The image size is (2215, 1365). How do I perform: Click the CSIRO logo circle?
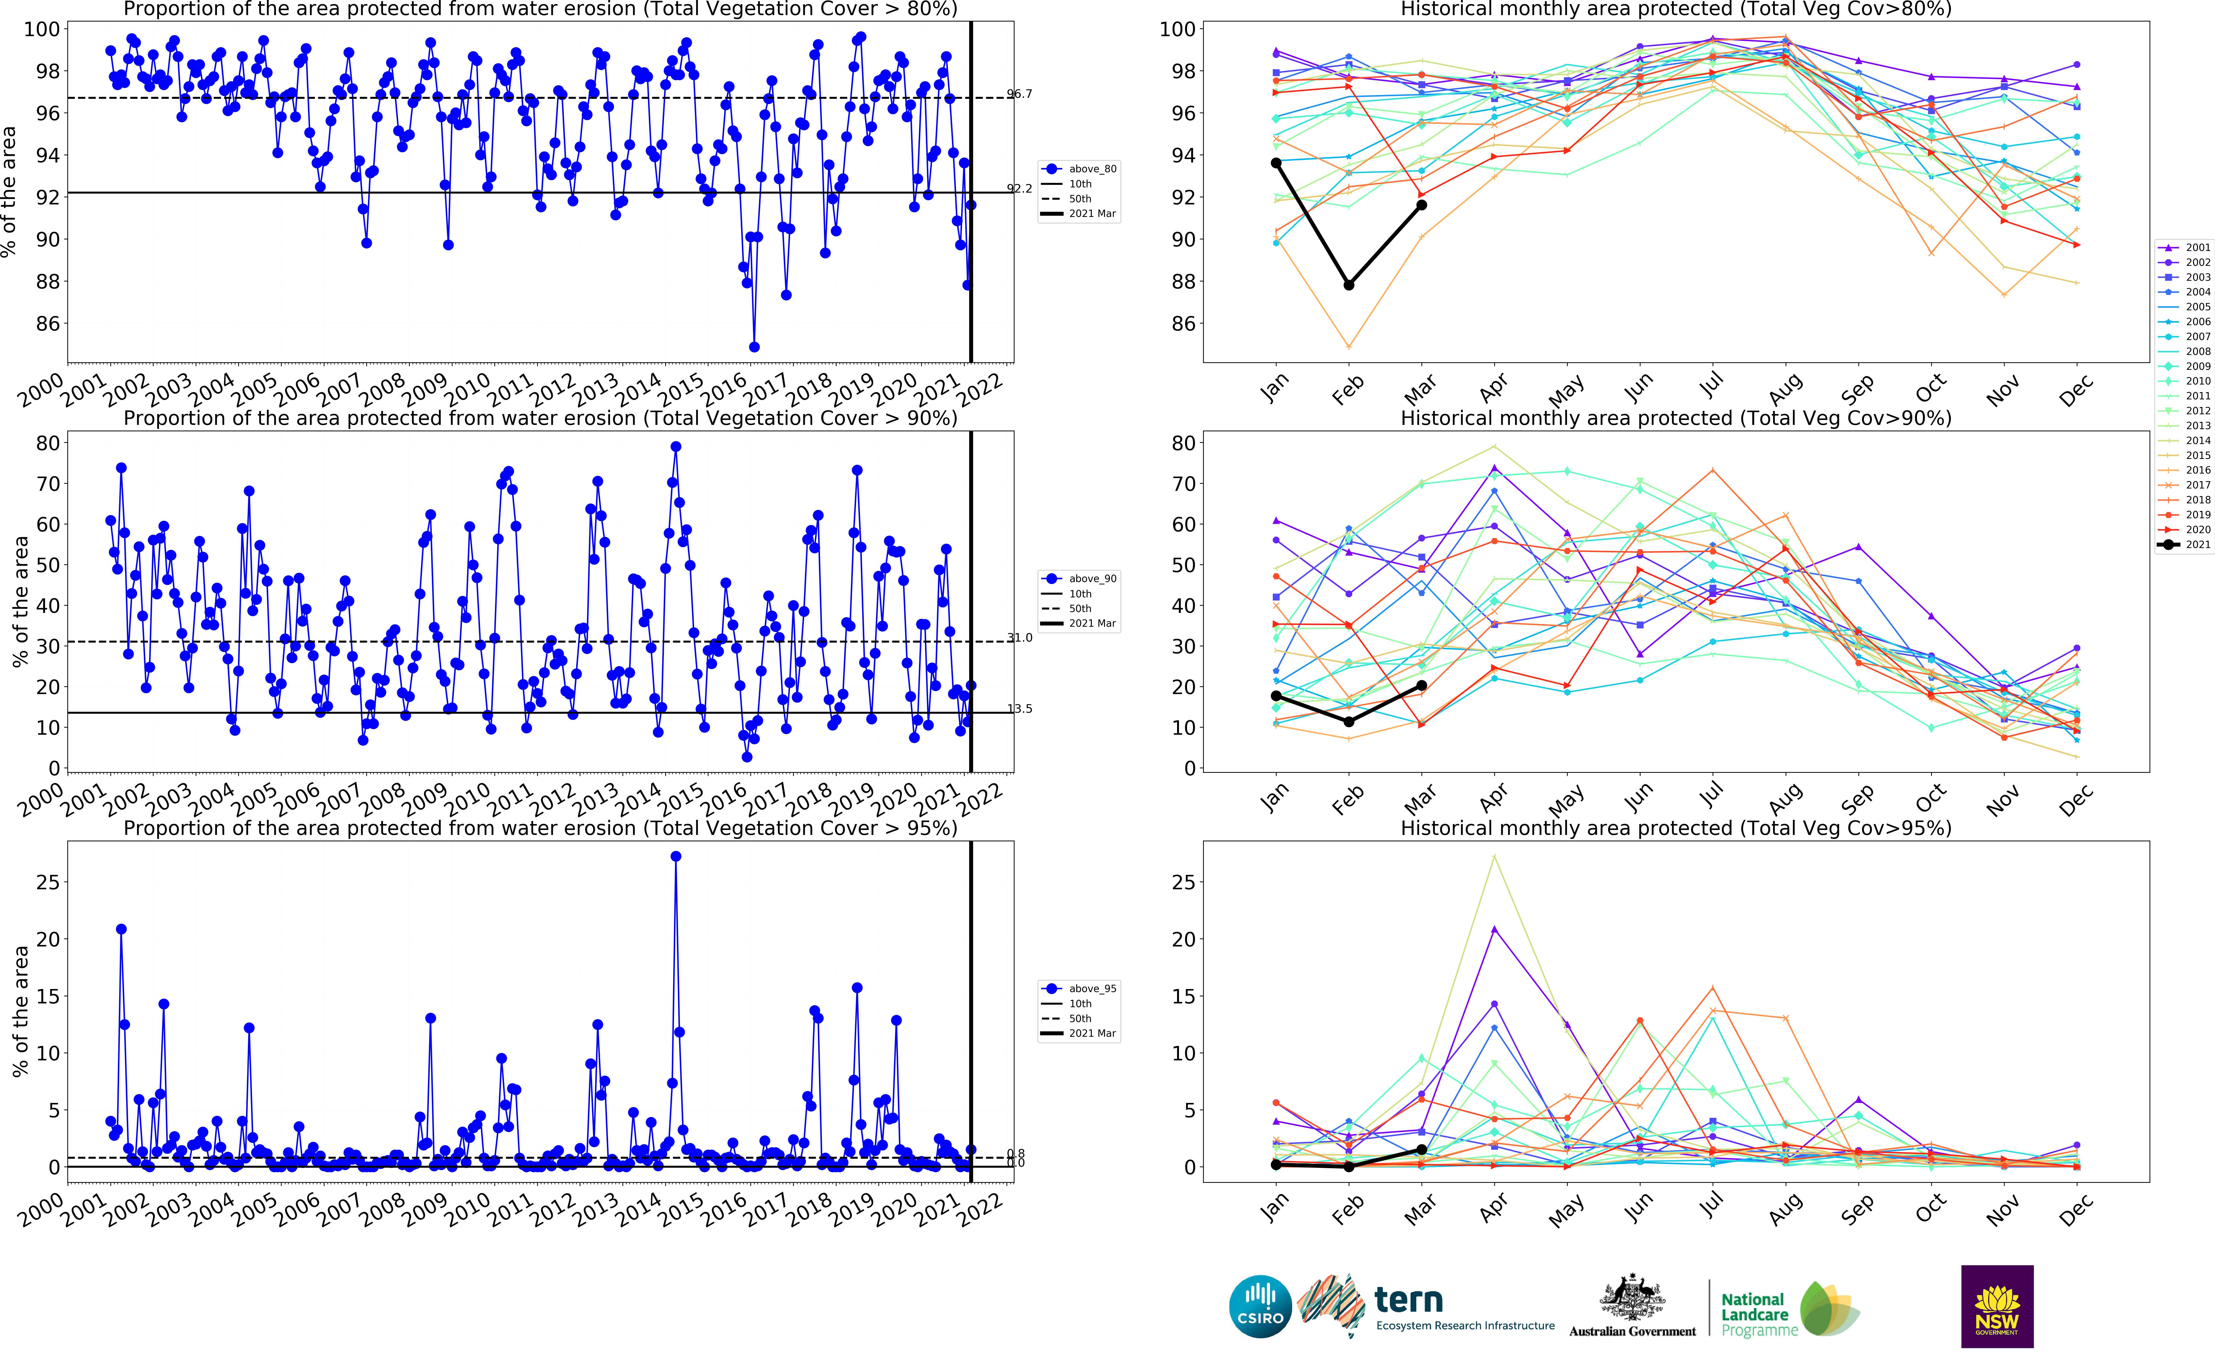click(1260, 1306)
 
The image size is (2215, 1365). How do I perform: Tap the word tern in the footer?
click(1408, 1300)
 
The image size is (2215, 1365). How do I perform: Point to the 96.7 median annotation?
click(1020, 94)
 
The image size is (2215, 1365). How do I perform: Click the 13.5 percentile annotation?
click(1020, 709)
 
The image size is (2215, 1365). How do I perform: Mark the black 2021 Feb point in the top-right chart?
click(1348, 285)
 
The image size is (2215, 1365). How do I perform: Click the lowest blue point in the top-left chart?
click(754, 347)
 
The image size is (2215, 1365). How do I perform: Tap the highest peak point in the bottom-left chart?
click(676, 856)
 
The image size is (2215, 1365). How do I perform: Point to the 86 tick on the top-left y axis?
click(47, 323)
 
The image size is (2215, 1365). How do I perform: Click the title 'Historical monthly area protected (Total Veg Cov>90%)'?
click(1675, 418)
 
